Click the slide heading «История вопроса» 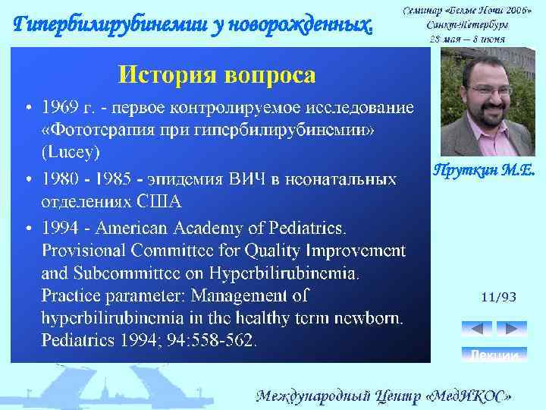coord(216,74)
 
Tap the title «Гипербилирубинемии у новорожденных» coord(195,26)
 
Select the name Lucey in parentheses coord(71,153)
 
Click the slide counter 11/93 coord(498,298)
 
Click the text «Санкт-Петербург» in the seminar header coord(467,24)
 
